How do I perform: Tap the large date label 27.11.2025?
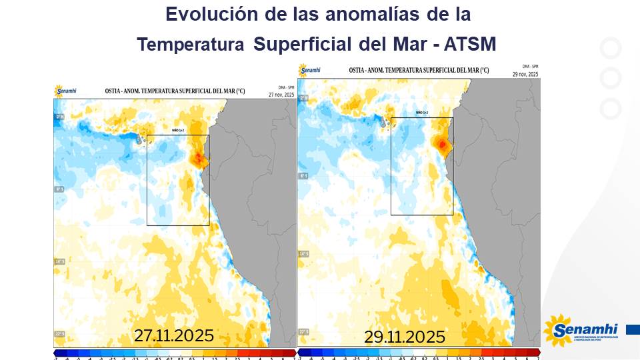tap(173, 335)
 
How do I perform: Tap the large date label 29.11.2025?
tap(404, 337)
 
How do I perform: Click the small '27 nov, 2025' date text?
tap(281, 95)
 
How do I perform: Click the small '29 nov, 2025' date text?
tap(525, 74)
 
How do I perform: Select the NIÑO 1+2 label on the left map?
tap(177, 131)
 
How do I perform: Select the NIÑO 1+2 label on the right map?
tap(421, 113)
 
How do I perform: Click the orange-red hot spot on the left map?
tap(199, 159)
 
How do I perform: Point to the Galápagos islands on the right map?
tap(385, 123)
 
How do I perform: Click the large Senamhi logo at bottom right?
tap(581, 331)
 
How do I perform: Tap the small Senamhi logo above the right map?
tap(310, 69)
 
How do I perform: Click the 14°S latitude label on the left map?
tap(59, 261)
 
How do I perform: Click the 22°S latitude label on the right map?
tap(303, 331)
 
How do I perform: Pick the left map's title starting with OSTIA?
tap(166, 91)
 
